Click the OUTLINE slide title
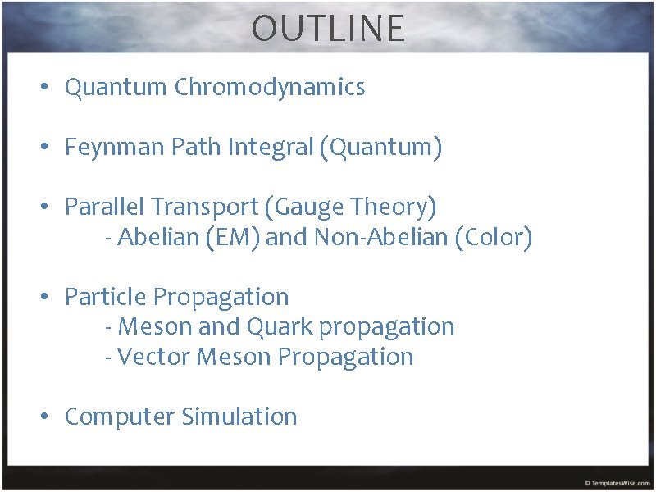(328, 29)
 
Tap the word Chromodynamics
(269, 88)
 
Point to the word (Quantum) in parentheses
(382, 148)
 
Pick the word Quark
(278, 327)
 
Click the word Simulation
(239, 417)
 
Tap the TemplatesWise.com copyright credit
(617, 483)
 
